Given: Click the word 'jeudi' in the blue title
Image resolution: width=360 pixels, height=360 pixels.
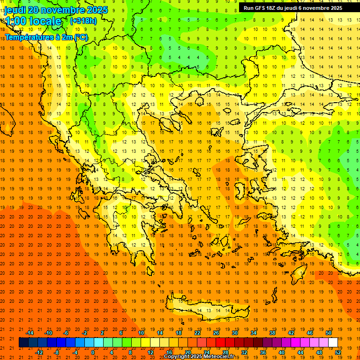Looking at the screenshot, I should tap(16, 9).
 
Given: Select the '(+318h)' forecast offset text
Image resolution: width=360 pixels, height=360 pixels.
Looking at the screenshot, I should tap(83, 21).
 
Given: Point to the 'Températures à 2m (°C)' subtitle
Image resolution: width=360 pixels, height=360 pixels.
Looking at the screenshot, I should tap(45, 37).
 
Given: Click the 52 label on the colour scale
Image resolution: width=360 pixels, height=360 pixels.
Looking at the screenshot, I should tap(338, 352).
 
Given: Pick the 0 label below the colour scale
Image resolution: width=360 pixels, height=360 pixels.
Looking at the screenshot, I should tap(93, 352).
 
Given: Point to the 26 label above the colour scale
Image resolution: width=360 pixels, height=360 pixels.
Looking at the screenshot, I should tap(216, 333).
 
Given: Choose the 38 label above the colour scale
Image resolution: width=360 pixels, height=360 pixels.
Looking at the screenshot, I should tap(272, 333).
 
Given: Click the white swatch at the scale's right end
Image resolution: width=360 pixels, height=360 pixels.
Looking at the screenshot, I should tap(333, 343).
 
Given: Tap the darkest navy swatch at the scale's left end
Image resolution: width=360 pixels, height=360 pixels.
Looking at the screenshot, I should tap(23, 343).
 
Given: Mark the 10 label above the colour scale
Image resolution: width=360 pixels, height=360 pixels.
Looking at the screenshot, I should tap(141, 333).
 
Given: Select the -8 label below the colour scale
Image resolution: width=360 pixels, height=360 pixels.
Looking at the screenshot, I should tap(57, 352).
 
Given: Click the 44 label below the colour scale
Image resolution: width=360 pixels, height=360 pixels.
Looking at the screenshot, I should tap(300, 352).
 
